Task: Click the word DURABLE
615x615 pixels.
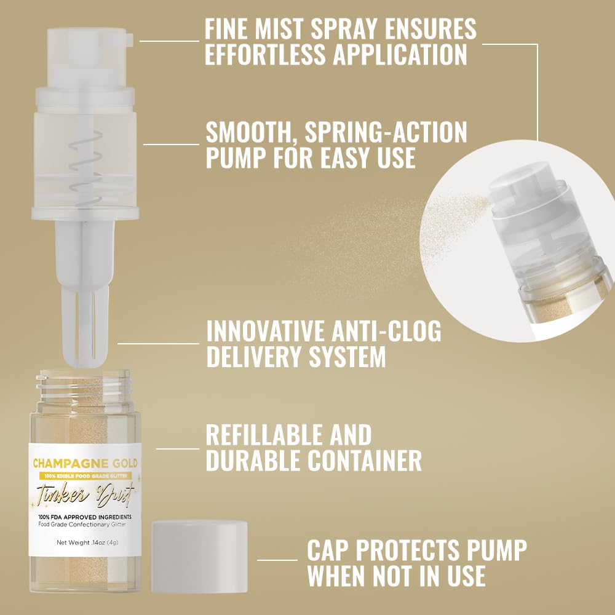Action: tap(264, 461)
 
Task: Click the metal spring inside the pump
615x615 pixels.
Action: tap(84, 166)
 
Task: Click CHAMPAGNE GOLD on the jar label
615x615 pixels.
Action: tap(85, 463)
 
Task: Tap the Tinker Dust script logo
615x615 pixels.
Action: tap(85, 494)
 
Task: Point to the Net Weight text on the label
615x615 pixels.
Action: tap(85, 542)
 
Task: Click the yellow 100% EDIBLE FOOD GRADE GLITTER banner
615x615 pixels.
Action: tap(85, 476)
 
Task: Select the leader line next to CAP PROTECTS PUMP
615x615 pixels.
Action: tap(277, 560)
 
